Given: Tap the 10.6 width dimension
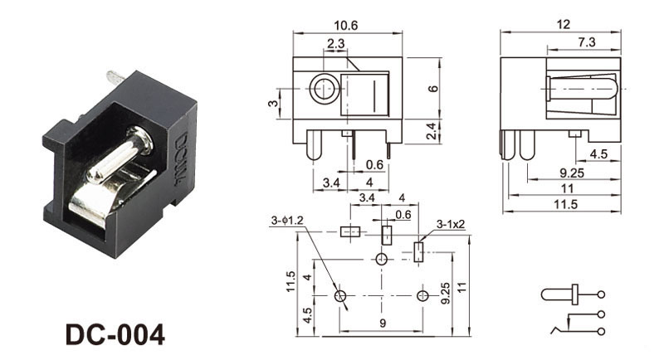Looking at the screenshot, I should [349, 26].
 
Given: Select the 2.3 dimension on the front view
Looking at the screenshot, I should [335, 43].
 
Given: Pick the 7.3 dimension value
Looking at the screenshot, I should [585, 42].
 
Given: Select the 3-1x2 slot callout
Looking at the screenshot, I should [452, 224].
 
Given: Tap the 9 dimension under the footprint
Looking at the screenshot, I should [381, 323].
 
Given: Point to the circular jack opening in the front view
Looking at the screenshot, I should [320, 90].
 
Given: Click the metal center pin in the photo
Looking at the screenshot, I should [117, 158].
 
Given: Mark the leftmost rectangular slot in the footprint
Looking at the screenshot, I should [350, 232].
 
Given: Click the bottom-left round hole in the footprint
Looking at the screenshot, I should [339, 296].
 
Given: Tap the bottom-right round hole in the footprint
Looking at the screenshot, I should [423, 296].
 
